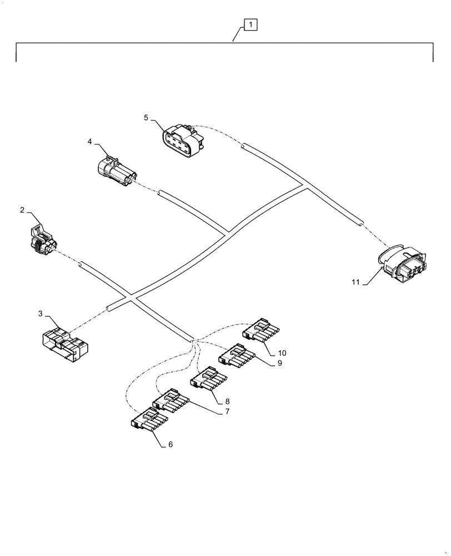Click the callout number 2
22,210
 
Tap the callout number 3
40,314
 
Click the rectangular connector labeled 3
64,344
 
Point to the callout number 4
89,142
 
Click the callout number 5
146,118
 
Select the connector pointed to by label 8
209,379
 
